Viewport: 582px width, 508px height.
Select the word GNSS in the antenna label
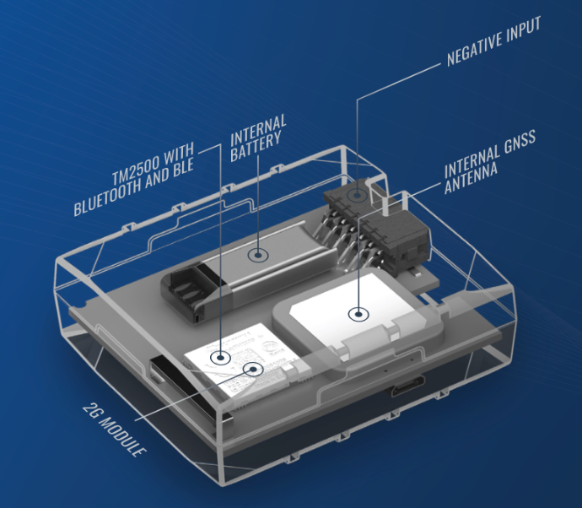click(520, 142)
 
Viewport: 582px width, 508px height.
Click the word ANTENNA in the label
click(471, 178)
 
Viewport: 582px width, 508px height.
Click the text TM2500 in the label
click(136, 168)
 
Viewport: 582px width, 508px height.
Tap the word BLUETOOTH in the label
click(108, 195)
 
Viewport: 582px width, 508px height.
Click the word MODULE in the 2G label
click(122, 437)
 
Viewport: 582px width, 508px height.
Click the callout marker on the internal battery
click(257, 255)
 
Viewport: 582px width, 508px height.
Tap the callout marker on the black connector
click(357, 194)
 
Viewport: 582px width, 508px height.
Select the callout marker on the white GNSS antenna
click(358, 315)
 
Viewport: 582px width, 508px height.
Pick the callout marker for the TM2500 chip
click(220, 358)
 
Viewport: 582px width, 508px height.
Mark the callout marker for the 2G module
click(253, 369)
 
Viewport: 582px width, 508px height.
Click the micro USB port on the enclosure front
click(407, 386)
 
